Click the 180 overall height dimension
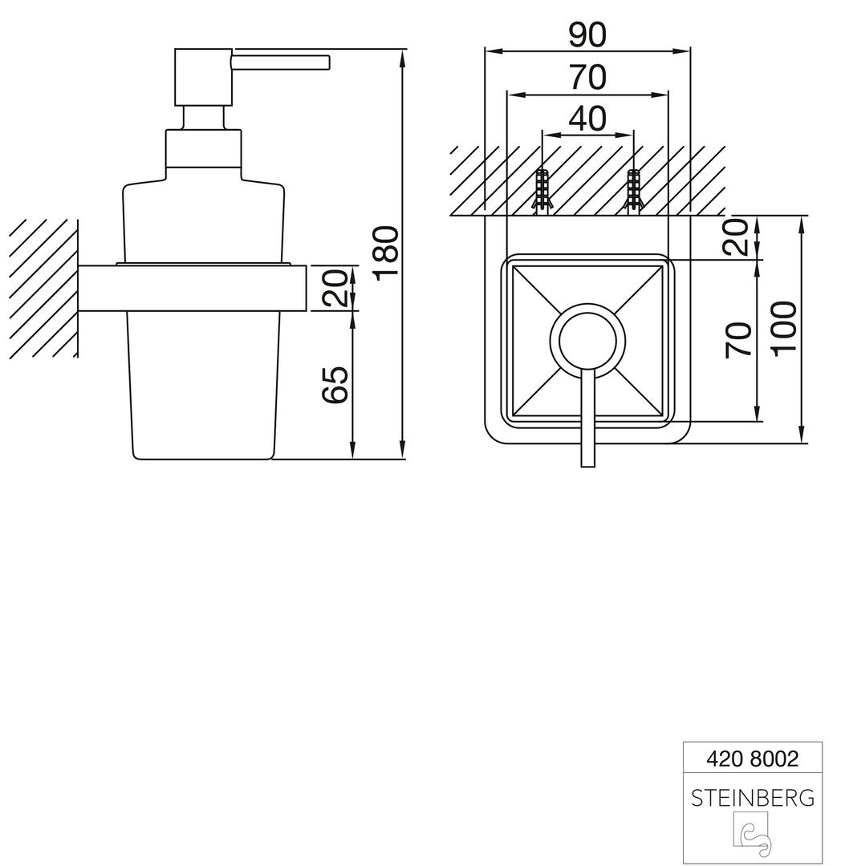[386, 253]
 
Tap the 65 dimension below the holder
[335, 384]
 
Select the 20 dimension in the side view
[336, 288]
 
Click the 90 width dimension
[587, 34]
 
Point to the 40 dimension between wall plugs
[587, 118]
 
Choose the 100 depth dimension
[784, 329]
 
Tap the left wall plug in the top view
[542, 190]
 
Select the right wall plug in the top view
[632, 190]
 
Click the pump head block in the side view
[203, 77]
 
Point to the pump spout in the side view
[281, 62]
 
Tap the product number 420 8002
[752, 759]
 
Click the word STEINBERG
[753, 798]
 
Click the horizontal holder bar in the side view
[192, 289]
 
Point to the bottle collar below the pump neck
[203, 148]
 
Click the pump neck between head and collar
[203, 118]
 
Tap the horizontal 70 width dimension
[587, 77]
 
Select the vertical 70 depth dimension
[738, 340]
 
